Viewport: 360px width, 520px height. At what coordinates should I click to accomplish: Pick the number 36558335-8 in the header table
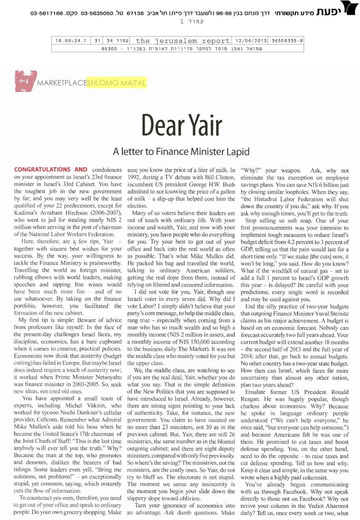[287, 41]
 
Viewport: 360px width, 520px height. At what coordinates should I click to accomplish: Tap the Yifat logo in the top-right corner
[347, 8]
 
